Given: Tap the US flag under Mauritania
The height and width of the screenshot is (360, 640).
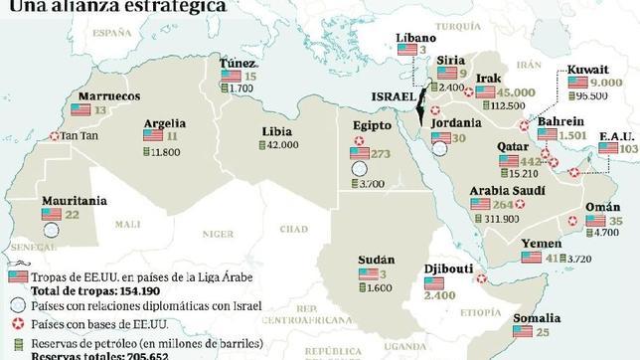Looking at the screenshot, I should pos(52,214).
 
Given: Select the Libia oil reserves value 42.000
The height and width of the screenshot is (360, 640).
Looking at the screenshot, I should pos(283,144).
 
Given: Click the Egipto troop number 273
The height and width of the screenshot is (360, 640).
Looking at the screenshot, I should pos(382,154).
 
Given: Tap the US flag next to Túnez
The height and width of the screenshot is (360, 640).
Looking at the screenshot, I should pos(231,76).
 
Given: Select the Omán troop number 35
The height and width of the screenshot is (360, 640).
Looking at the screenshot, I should pos(616,220).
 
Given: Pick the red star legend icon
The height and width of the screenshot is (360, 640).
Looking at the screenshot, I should pos(16,323).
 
